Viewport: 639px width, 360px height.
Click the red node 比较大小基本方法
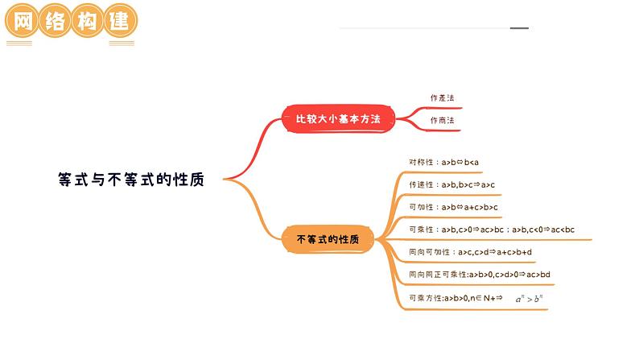tap(337, 119)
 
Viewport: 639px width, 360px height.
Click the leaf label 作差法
tap(442, 98)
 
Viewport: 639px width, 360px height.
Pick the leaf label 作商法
tap(442, 121)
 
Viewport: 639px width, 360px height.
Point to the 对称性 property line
tap(443, 162)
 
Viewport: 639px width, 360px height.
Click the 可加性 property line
tap(453, 207)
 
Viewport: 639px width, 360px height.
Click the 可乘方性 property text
tap(455, 298)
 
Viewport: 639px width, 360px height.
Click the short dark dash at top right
tap(520, 29)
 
